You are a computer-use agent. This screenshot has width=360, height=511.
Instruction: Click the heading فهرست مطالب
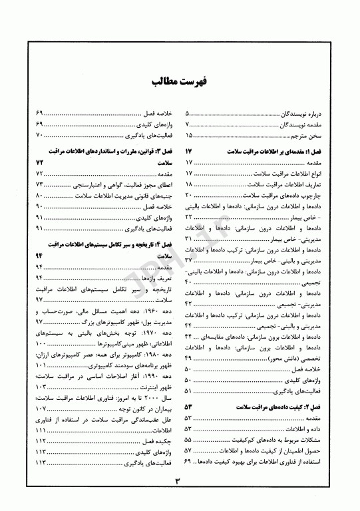pos(180,82)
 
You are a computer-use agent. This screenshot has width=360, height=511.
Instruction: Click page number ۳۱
pos(188,238)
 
